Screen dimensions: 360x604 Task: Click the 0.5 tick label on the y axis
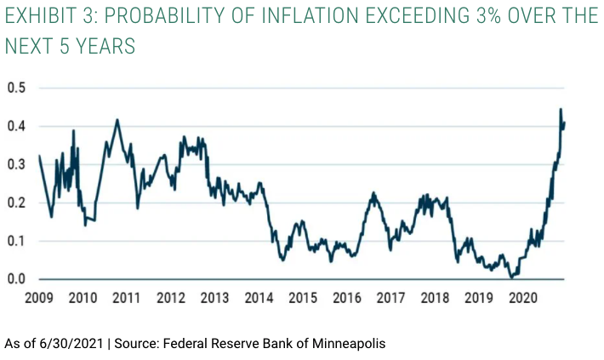tap(16, 88)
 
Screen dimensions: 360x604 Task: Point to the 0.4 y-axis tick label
tap(16, 126)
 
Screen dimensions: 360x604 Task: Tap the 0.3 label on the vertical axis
tap(16, 164)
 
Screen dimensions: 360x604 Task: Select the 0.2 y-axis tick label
tap(16, 203)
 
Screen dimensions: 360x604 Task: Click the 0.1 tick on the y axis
tap(16, 241)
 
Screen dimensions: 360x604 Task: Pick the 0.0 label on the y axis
tap(16, 279)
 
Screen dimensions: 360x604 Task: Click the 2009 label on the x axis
tap(39, 299)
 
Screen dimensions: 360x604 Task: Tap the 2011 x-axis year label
tap(126, 299)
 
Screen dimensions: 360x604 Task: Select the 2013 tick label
tap(214, 299)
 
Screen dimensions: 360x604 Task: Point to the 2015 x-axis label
tap(302, 299)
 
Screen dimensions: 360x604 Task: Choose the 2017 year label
tap(390, 299)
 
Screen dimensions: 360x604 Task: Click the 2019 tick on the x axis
tap(477, 299)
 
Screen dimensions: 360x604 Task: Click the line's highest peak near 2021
tap(561, 110)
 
